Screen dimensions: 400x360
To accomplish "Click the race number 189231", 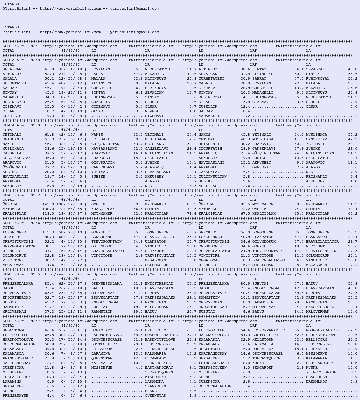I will [33, 46].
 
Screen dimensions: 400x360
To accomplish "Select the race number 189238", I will [33, 60].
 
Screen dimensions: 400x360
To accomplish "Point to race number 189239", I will [33, 125].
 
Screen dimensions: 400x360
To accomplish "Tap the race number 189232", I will [33, 195].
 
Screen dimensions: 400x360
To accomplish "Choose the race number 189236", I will [33, 223].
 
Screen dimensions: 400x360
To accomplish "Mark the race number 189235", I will [33, 274].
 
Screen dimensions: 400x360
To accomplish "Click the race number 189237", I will [33, 321].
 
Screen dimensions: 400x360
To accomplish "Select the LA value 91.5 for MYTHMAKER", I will [353, 204].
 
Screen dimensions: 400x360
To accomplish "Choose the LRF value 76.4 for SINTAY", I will [299, 69].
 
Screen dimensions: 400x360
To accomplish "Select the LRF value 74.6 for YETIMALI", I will [299, 135].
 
